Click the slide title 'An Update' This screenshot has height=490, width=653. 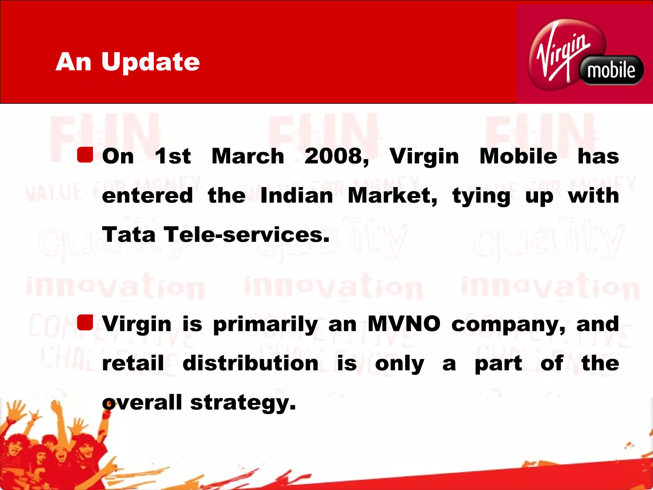(x=128, y=62)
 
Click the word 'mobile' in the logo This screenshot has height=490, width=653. (x=611, y=71)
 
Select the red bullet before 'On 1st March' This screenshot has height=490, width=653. (x=85, y=155)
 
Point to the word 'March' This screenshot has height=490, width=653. (x=248, y=156)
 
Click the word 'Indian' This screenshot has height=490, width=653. (x=297, y=196)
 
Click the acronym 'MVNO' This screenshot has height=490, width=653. (x=404, y=324)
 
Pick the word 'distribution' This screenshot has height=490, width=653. (x=250, y=363)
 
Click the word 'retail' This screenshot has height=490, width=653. (x=133, y=363)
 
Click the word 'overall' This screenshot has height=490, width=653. (x=142, y=403)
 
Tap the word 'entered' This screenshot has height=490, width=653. (x=147, y=196)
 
